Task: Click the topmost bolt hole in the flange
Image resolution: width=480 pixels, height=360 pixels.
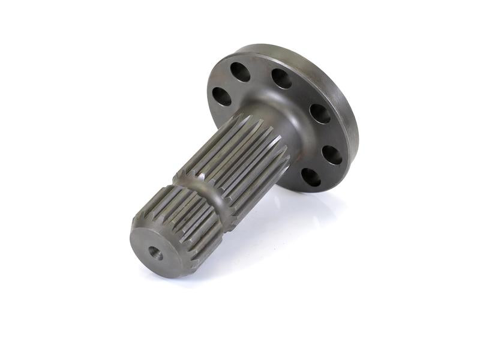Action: (x=241, y=72)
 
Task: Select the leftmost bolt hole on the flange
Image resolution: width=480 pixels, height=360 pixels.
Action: (x=221, y=97)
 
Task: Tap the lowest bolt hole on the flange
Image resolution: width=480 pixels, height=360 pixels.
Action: (x=310, y=177)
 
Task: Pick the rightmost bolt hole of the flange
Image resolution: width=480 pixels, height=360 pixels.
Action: (x=332, y=155)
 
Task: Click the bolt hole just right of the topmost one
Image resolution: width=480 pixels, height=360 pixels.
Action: (x=281, y=78)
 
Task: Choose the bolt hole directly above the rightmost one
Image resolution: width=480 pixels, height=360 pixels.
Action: (x=320, y=113)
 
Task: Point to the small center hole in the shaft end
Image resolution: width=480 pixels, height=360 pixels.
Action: (x=155, y=254)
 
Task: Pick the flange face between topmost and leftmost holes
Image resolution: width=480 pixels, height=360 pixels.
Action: (x=228, y=83)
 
